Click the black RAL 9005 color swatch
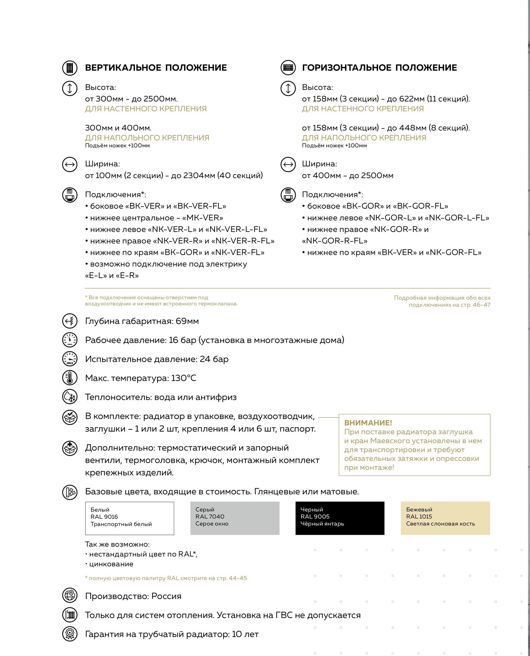click(x=340, y=518)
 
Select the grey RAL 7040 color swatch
click(x=235, y=518)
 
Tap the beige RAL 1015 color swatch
click(x=445, y=518)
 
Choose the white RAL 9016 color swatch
click(x=129, y=518)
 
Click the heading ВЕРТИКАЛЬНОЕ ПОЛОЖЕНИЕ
click(x=156, y=68)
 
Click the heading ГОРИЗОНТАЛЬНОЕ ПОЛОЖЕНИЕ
click(x=380, y=68)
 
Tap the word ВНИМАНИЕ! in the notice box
click(x=368, y=423)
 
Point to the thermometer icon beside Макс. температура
click(x=70, y=378)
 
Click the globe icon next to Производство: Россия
click(x=70, y=596)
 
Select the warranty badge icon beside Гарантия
click(x=70, y=634)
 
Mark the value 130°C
click(x=184, y=378)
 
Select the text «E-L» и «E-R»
click(x=112, y=276)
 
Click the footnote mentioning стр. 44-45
click(x=166, y=578)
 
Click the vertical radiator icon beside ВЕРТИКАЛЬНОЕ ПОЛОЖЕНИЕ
click(x=70, y=68)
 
